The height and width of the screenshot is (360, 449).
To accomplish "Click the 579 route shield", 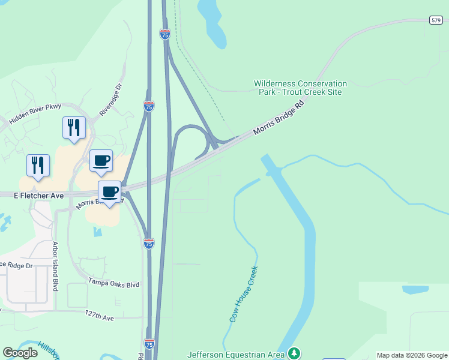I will coord(436,20).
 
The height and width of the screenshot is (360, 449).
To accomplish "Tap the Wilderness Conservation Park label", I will coord(300,88).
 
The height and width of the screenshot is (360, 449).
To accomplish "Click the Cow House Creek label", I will coord(244,294).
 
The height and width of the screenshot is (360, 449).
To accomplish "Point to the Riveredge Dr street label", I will coord(110,98).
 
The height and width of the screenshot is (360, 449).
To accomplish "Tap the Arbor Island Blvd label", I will coord(56,266).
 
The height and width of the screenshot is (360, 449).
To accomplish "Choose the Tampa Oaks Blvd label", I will coord(113,283).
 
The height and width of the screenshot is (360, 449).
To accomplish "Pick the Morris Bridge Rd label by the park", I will coord(280,117).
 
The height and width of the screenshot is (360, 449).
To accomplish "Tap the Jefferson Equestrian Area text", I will coord(236,354).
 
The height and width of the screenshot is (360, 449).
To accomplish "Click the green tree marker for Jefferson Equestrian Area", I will coord(294,353).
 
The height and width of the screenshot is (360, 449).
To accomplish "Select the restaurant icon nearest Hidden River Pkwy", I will coord(74,127).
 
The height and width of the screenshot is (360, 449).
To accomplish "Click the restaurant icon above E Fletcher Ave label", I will coord(38,165).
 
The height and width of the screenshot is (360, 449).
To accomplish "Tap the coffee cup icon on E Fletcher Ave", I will coord(109,192).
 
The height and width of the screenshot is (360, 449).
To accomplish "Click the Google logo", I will coord(20,353).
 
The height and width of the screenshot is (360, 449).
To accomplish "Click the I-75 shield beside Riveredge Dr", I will coord(149,106).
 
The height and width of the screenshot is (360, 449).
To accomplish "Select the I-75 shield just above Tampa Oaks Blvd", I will coord(149,244).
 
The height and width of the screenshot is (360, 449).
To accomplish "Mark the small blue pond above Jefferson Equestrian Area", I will coord(415,289).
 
